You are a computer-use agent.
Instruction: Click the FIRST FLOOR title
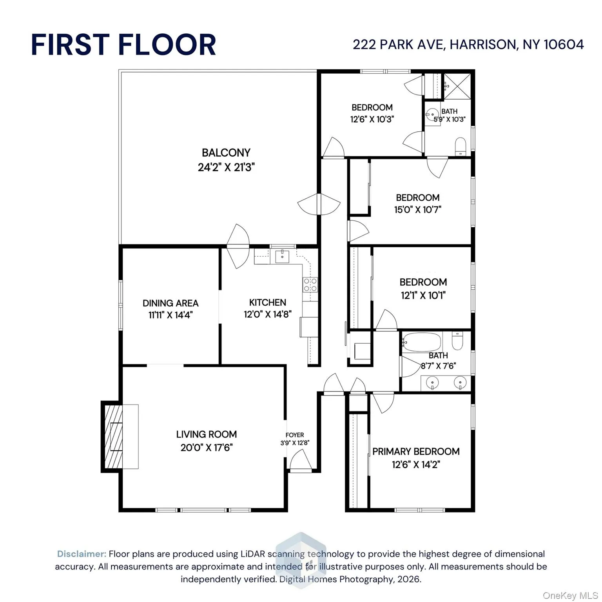click(x=123, y=44)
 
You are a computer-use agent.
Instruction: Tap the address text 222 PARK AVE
click(x=398, y=45)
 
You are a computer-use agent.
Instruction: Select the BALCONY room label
click(x=226, y=152)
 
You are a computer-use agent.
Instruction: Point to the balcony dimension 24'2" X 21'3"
click(x=226, y=167)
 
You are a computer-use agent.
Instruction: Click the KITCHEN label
click(x=268, y=303)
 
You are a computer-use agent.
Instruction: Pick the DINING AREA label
click(x=170, y=303)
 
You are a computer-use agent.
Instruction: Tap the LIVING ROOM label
click(x=207, y=434)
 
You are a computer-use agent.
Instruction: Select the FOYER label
click(x=295, y=435)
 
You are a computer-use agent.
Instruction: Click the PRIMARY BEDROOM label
click(x=416, y=451)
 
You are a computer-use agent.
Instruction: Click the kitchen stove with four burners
click(x=310, y=285)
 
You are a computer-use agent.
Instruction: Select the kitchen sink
click(x=282, y=257)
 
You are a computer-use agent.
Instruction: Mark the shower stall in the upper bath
click(x=457, y=86)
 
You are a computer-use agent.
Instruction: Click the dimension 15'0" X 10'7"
click(x=418, y=210)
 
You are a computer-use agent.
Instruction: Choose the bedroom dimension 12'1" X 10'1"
click(x=423, y=295)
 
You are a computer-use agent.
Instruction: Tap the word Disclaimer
click(x=82, y=554)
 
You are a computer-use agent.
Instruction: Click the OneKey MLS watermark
click(x=570, y=596)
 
